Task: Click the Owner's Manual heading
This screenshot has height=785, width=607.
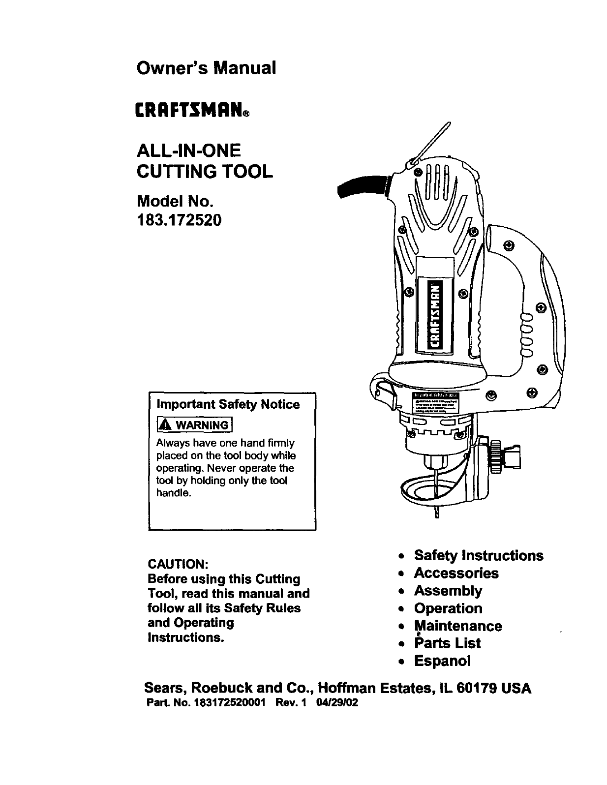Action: [206, 67]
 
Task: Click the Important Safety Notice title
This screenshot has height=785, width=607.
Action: [228, 404]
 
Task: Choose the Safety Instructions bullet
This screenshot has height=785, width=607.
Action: [478, 556]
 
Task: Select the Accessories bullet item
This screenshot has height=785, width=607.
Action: [456, 573]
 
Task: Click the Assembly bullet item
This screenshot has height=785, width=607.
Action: [448, 591]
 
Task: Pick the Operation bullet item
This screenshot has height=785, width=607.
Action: [448, 608]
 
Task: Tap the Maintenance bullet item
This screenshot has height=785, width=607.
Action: [458, 626]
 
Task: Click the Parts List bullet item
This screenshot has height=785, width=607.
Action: [447, 643]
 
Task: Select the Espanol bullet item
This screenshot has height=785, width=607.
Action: [442, 661]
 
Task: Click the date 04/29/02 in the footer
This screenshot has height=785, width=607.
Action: [337, 703]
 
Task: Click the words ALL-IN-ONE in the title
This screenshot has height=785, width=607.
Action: [187, 150]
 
